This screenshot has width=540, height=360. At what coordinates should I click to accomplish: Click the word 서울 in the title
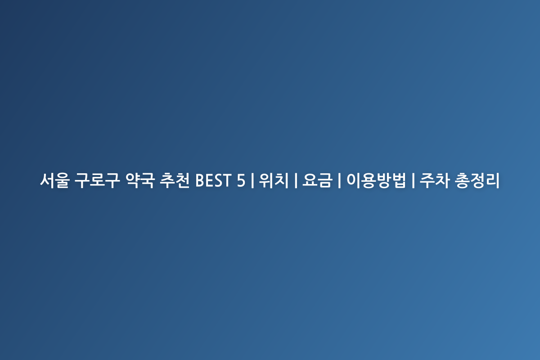point(55,180)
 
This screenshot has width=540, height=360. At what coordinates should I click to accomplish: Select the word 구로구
point(97,180)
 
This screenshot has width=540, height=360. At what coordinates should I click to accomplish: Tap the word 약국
point(140,180)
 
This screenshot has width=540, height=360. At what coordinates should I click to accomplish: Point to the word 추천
point(175,180)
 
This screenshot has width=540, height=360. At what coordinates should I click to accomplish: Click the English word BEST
point(213,180)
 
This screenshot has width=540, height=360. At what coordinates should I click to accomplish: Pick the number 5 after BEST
point(241,180)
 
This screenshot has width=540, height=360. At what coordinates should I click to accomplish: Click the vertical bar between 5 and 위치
point(252,180)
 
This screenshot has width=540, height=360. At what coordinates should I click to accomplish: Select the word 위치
point(274,180)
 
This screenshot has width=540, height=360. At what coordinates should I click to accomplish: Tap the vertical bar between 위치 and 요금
point(296,180)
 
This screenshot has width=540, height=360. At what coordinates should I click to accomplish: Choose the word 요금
point(317,180)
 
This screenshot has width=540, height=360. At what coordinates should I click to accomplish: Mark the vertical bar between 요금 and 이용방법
point(339,180)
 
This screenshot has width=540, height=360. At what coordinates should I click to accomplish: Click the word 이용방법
point(376,180)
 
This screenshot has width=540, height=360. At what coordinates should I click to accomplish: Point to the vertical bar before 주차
point(413,180)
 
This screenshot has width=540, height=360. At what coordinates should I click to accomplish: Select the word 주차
point(435,180)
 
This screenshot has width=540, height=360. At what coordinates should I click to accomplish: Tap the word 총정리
point(477,180)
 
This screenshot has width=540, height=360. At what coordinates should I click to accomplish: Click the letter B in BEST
point(200,180)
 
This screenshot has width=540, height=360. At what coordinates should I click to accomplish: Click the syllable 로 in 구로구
point(97,180)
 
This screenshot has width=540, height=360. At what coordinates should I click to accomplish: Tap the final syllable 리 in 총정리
point(492,180)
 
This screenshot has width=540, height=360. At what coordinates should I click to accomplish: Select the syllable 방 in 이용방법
point(384,180)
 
